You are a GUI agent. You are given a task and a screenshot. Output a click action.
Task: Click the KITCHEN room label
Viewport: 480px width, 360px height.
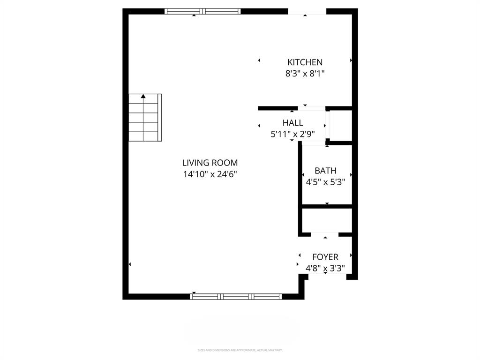click(305, 62)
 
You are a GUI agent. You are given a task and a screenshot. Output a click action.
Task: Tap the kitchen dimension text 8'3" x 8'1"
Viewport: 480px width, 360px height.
click(305, 74)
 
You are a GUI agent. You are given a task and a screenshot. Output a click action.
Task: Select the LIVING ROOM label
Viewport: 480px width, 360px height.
click(210, 163)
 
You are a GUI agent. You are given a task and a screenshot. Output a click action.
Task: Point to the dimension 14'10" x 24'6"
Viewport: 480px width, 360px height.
click(210, 174)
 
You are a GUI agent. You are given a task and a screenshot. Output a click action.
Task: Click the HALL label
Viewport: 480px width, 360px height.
click(292, 123)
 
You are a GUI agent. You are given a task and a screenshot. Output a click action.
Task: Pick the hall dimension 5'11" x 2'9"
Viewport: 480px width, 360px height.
click(292, 134)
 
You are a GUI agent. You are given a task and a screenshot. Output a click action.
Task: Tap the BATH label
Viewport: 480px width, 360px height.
click(325, 171)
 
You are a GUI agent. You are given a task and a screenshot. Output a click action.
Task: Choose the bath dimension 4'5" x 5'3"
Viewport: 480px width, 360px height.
click(325, 182)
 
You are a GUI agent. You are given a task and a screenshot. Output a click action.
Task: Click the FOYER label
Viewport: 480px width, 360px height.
click(325, 257)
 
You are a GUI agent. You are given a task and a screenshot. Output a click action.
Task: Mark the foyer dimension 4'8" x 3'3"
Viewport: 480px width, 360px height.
click(325, 269)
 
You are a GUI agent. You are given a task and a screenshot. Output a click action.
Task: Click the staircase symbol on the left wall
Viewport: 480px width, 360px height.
click(145, 118)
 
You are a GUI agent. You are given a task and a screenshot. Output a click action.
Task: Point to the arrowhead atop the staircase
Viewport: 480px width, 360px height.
click(143, 96)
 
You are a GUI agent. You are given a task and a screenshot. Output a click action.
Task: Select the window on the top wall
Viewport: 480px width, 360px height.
click(202, 11)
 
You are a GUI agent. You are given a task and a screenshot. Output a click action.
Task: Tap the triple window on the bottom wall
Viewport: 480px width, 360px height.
click(236, 296)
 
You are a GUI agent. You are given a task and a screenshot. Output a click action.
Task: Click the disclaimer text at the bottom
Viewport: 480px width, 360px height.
click(240, 350)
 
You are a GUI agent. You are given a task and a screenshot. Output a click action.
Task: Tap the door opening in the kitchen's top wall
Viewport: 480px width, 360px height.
click(307, 11)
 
